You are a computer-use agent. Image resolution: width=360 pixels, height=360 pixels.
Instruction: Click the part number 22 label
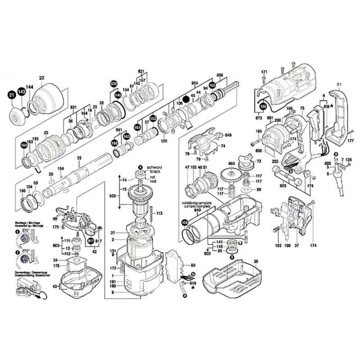click(42, 77)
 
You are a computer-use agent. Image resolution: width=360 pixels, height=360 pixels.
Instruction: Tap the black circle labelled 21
click(11, 94)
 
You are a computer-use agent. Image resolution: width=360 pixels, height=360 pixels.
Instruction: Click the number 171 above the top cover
click(263, 73)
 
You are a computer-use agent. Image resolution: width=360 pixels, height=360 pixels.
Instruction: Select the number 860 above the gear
click(231, 164)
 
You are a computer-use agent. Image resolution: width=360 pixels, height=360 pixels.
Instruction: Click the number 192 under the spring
click(278, 245)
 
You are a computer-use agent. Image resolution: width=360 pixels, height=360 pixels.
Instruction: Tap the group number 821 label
click(142, 70)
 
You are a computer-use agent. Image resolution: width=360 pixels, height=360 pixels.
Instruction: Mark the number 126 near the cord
click(347, 160)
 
